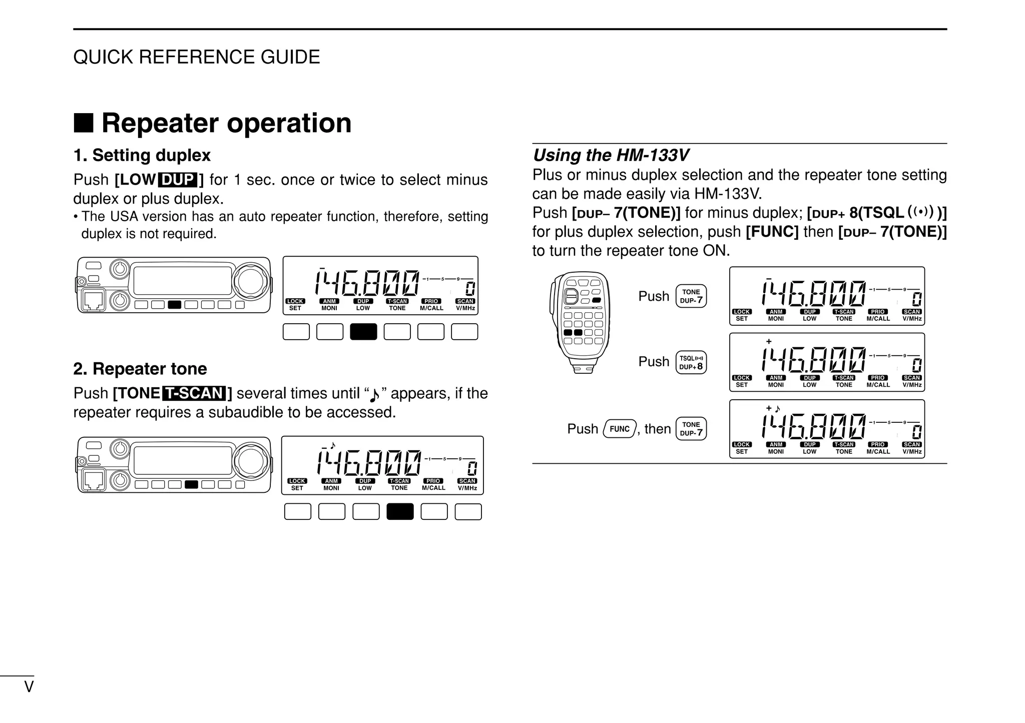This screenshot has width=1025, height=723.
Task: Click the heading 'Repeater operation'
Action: click(x=226, y=123)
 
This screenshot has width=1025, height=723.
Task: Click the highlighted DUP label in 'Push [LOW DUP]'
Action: click(x=178, y=180)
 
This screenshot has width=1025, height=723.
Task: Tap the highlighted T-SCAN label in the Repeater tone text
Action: click(x=194, y=393)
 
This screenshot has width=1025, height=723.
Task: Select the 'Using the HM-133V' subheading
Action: click(x=611, y=155)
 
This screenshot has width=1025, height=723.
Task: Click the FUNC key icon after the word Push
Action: click(x=620, y=429)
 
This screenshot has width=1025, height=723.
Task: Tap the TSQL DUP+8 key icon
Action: click(x=691, y=362)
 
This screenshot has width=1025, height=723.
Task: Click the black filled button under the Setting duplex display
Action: click(x=363, y=332)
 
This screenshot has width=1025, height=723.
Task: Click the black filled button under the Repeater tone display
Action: click(x=400, y=511)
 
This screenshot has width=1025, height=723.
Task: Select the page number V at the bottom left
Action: click(x=29, y=687)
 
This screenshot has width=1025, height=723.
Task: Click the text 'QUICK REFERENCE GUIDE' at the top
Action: click(x=196, y=57)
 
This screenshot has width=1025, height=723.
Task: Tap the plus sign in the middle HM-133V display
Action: click(x=769, y=341)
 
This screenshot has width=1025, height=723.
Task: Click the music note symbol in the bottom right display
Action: click(x=777, y=409)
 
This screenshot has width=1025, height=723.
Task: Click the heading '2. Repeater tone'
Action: click(x=140, y=369)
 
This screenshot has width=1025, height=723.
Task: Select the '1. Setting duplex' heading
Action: click(x=142, y=155)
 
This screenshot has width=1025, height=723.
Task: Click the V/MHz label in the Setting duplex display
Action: click(x=465, y=308)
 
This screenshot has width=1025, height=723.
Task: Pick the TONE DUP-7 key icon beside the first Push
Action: click(x=691, y=296)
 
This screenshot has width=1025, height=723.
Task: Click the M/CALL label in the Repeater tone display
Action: click(x=433, y=488)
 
